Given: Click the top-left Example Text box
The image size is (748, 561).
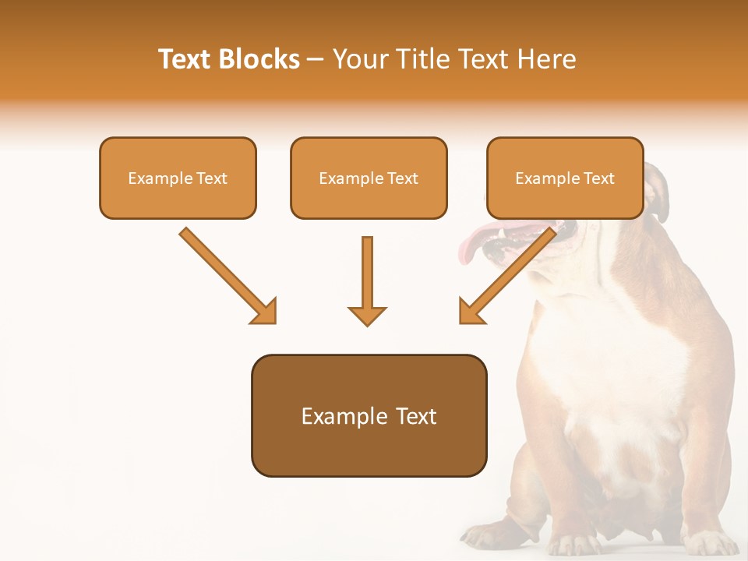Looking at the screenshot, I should tap(178, 178).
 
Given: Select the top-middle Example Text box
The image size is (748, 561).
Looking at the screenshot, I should tap(369, 178).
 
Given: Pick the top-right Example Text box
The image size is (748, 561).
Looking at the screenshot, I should tap(565, 178).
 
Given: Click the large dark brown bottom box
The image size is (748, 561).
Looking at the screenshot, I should tap(369, 415).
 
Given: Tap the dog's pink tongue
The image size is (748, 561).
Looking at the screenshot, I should tap(472, 242).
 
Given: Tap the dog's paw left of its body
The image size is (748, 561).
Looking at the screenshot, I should tap(487, 535).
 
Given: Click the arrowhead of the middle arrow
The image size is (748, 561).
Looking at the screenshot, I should tap(367, 316).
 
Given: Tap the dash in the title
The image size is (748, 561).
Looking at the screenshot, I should tap(316, 60).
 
